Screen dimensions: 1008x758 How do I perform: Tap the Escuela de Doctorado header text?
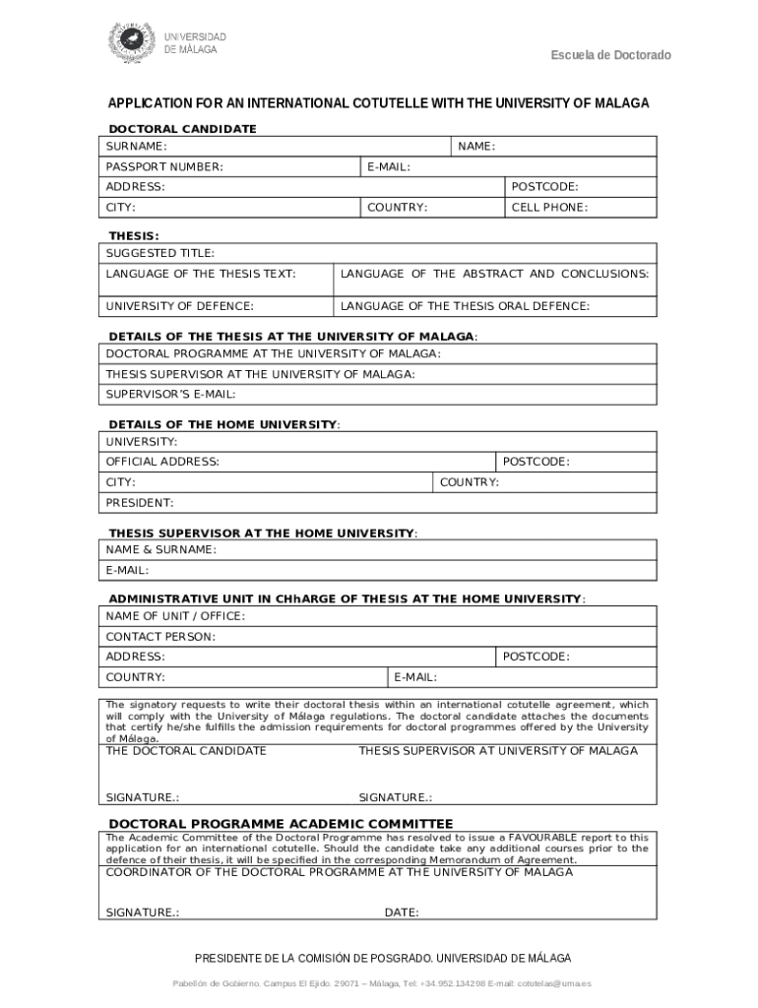[x=610, y=55]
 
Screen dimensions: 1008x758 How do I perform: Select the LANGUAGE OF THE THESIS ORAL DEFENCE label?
[x=465, y=306]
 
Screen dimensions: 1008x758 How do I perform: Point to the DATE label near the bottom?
[x=402, y=913]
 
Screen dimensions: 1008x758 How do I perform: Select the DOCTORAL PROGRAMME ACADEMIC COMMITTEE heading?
[x=281, y=824]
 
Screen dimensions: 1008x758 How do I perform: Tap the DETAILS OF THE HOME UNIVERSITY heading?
[x=222, y=424]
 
